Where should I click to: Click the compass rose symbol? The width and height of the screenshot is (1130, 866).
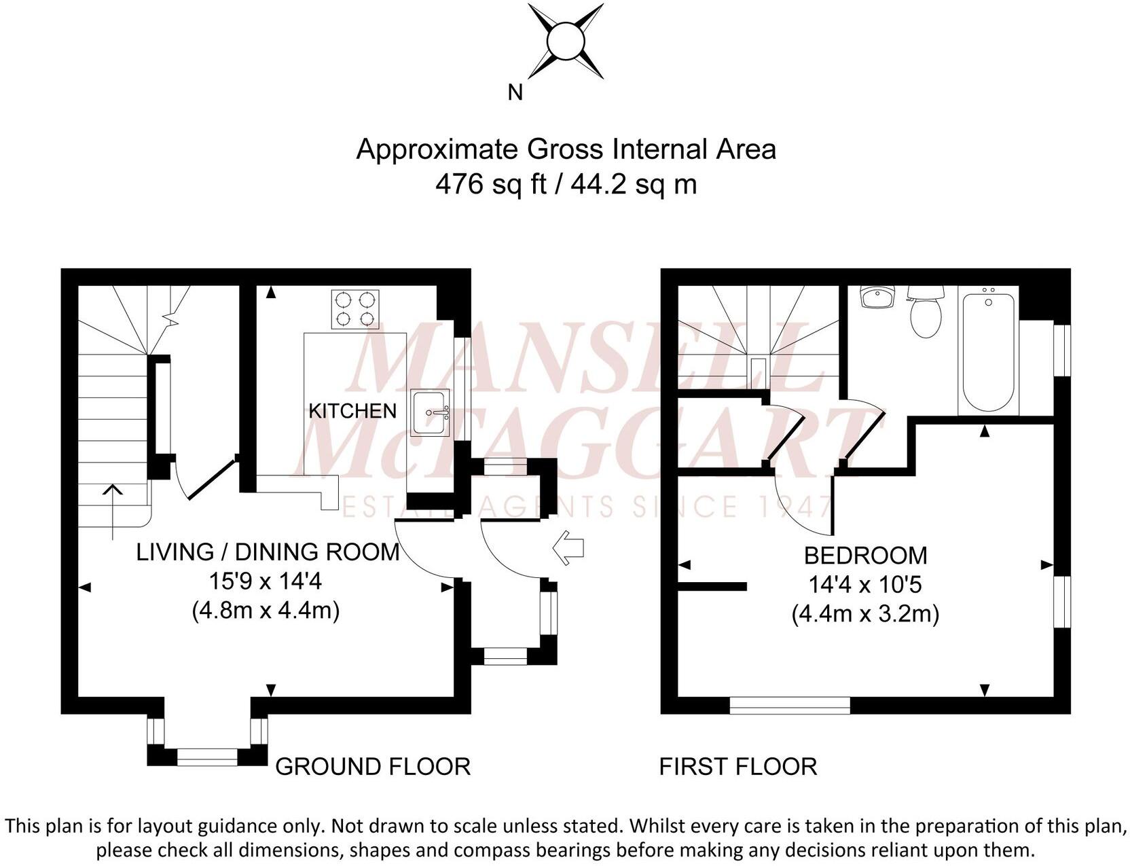click(x=565, y=41)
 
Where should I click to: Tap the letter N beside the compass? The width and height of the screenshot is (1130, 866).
click(x=515, y=92)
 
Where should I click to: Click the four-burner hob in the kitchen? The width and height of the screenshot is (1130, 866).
click(x=355, y=309)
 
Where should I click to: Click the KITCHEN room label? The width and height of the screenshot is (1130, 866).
click(x=352, y=411)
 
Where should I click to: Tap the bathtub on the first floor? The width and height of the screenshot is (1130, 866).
click(x=988, y=350)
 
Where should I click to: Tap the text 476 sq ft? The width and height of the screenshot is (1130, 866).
click(x=490, y=184)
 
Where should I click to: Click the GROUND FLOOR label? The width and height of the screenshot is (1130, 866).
click(x=372, y=766)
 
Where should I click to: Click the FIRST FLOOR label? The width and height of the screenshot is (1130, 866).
click(x=737, y=766)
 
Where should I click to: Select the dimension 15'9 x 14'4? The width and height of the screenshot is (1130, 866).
click(x=266, y=581)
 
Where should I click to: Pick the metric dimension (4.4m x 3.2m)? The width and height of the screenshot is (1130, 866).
click(x=865, y=614)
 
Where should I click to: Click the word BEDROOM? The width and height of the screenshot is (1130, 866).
click(x=865, y=556)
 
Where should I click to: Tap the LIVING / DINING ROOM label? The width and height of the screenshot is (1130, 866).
click(x=268, y=552)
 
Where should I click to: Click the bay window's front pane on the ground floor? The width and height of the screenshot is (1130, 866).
click(x=207, y=757)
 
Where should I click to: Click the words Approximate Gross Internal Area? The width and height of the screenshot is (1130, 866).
click(x=565, y=149)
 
